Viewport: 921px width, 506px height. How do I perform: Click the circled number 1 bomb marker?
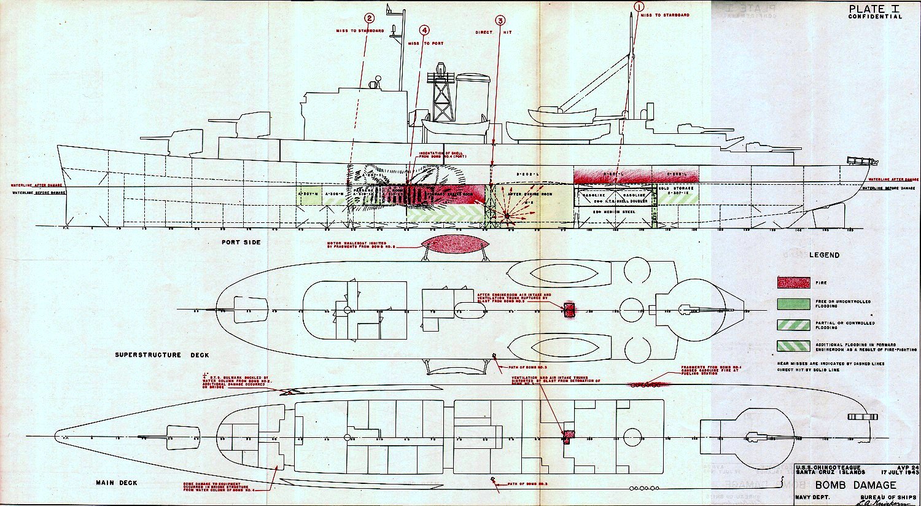pyautogui.click(x=639, y=7)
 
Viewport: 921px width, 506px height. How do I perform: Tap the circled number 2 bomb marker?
pyautogui.click(x=369, y=19)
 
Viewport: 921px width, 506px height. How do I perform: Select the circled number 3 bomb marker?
pyautogui.click(x=500, y=21)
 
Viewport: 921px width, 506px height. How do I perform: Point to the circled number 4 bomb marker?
pyautogui.click(x=425, y=30)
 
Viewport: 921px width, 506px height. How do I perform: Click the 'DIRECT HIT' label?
pyautogui.click(x=493, y=32)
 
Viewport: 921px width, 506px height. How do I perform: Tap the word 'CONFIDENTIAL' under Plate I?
pyautogui.click(x=875, y=17)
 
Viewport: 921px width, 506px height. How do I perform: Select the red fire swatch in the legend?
pyautogui.click(x=793, y=282)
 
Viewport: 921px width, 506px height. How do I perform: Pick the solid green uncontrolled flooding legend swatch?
pyautogui.click(x=793, y=303)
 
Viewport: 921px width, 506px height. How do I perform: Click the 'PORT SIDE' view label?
pyautogui.click(x=241, y=243)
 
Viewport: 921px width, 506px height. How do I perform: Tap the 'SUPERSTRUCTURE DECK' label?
pyautogui.click(x=161, y=355)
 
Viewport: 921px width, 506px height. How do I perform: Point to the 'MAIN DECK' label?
pyautogui.click(x=117, y=483)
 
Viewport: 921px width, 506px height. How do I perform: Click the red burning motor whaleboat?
pyautogui.click(x=456, y=244)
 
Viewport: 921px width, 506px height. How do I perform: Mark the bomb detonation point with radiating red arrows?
pyautogui.click(x=507, y=215)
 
